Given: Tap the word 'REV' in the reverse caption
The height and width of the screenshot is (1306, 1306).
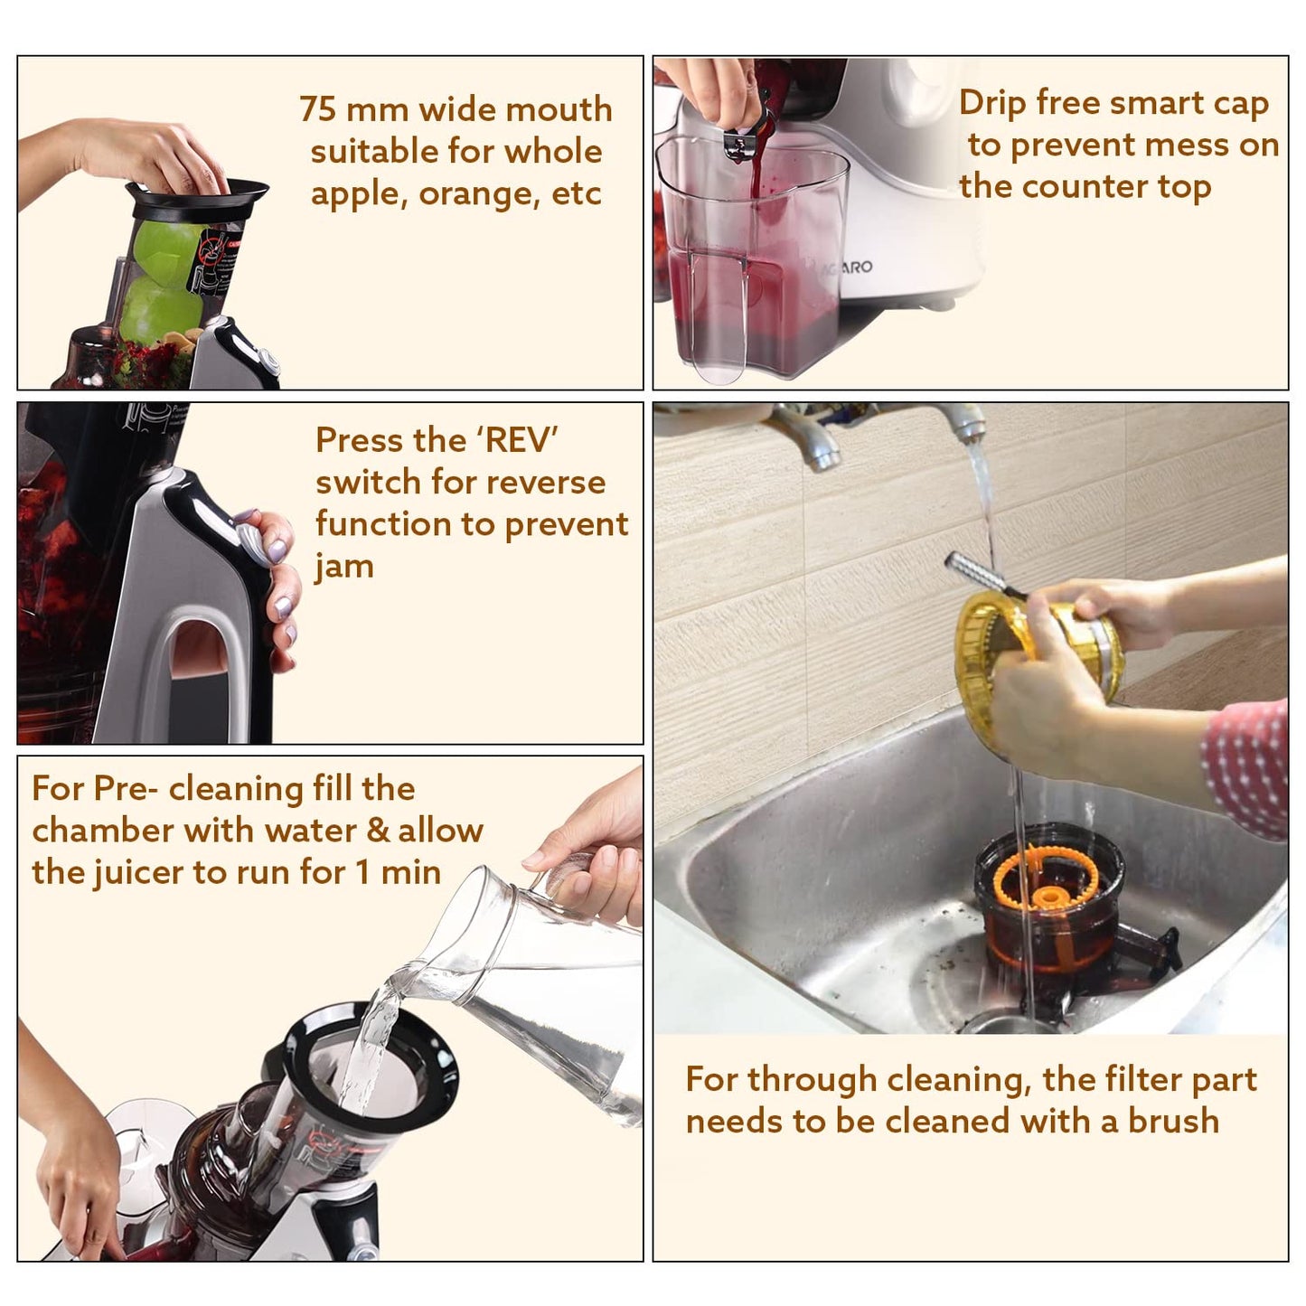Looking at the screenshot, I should click(x=519, y=440).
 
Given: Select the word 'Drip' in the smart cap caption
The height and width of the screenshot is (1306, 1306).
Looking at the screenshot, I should click(x=991, y=103).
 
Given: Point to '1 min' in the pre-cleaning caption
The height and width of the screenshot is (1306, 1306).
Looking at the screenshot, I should click(x=399, y=872).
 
